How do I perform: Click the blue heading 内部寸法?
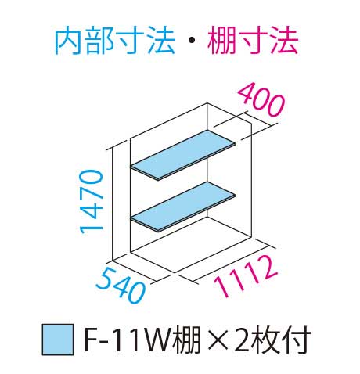tap(114, 41)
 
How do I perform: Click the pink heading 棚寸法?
tap(253, 41)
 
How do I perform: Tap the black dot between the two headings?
tap(191, 41)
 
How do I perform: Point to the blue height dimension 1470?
tap(91, 201)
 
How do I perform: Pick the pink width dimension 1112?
tap(246, 276)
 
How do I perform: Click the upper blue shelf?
tap(183, 155)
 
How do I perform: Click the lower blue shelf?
tap(183, 207)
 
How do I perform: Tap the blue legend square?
tap(58, 340)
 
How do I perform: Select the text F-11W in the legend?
tap(128, 340)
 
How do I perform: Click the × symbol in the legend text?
tap(218, 340)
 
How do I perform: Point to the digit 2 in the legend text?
tap(243, 340)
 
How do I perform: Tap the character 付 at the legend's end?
tap(297, 340)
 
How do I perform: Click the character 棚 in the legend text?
tap(186, 340)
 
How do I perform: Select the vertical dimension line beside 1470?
tap(113, 204)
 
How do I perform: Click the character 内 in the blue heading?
tap(69, 41)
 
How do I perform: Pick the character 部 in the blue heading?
tap(99, 41)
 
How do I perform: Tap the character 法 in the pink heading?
tap(284, 41)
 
